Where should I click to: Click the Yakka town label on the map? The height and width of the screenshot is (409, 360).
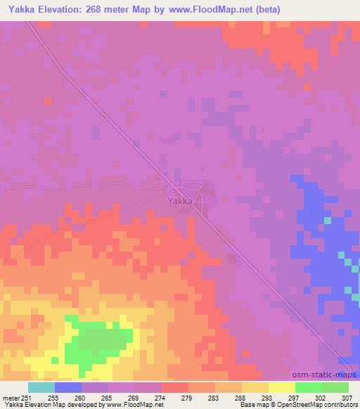tap(181, 200)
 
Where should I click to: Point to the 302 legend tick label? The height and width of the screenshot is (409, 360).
tap(321, 397)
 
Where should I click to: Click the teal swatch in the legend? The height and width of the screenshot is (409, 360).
tap(41, 387)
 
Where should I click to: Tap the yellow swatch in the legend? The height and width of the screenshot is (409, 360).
tap(282, 387)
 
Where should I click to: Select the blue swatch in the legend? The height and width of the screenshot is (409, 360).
tap(68, 387)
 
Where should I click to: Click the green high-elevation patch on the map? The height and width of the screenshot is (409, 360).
tap(98, 341)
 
